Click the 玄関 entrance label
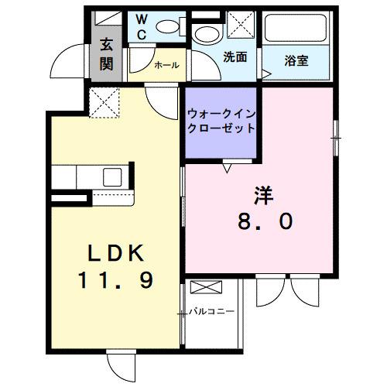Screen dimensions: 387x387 pos(106,54)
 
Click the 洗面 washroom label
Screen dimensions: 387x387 pos(235,57)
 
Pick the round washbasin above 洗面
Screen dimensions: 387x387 pos(206,34)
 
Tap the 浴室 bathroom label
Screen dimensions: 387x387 pos(296,60)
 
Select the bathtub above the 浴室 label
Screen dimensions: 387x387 pos(297,29)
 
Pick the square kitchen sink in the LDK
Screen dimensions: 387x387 pos(108,176)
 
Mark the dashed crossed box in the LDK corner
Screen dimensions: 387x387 pos(104,104)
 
